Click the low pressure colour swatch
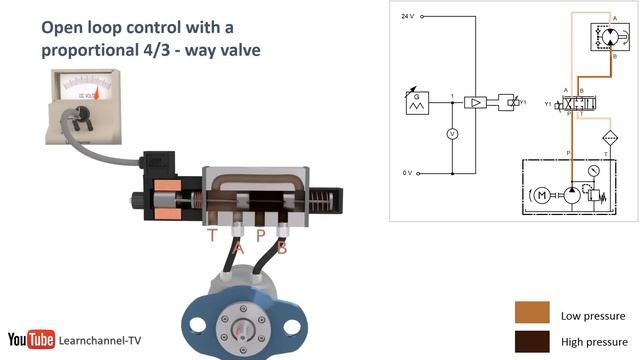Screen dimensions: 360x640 coord(533,311)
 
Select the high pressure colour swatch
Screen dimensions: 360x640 coord(533,341)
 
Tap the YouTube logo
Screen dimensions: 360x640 coord(31,341)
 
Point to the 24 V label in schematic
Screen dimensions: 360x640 coord(407,17)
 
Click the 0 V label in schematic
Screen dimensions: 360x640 coord(407,173)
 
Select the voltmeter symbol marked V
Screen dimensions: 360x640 coord(452,134)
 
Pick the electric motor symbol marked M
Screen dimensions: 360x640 coord(541,194)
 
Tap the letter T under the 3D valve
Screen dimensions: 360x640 coord(212,236)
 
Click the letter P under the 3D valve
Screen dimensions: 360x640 coord(260,236)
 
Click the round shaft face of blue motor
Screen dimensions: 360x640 coord(244,326)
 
